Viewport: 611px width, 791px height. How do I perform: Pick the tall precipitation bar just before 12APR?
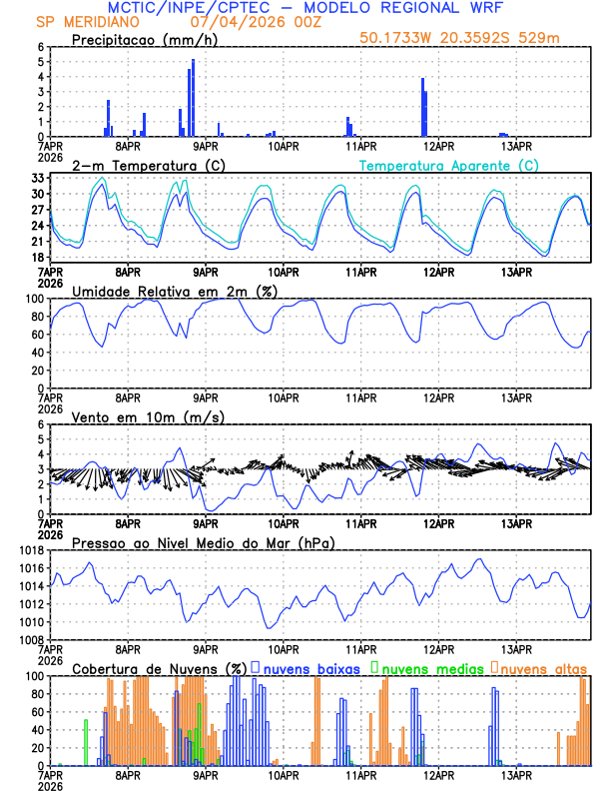click(423, 107)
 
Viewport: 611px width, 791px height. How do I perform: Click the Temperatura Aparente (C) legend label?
click(448, 165)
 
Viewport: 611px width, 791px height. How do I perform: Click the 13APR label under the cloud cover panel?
click(516, 775)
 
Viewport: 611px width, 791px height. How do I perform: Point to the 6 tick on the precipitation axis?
click(41, 47)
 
